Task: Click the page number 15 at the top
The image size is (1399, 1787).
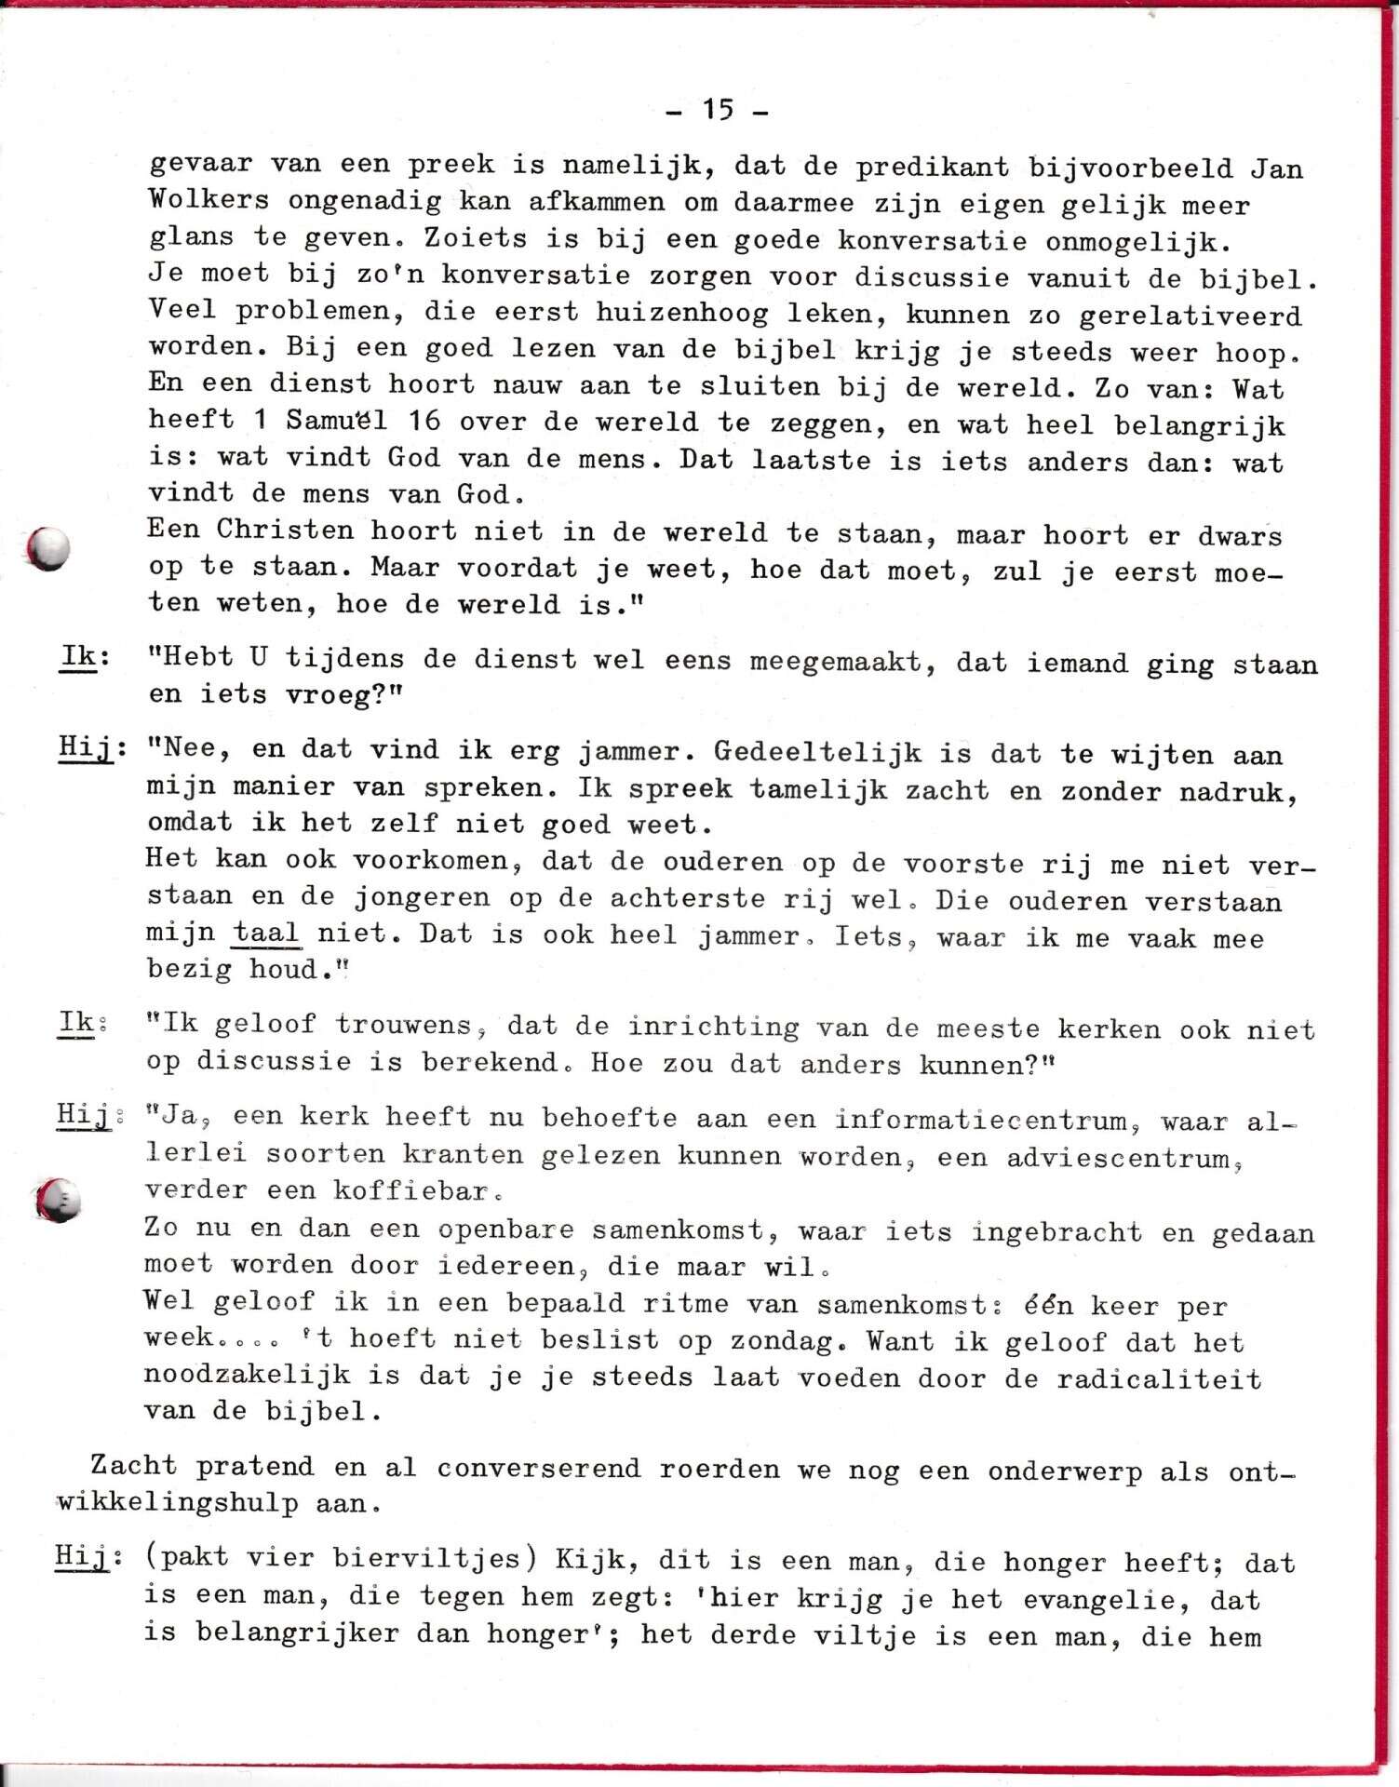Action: click(x=718, y=110)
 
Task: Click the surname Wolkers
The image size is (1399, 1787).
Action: click(x=209, y=199)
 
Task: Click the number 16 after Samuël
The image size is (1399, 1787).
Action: click(x=424, y=421)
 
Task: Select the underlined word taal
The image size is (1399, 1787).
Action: click(x=266, y=933)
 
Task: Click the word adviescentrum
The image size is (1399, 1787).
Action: click(x=1124, y=1158)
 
